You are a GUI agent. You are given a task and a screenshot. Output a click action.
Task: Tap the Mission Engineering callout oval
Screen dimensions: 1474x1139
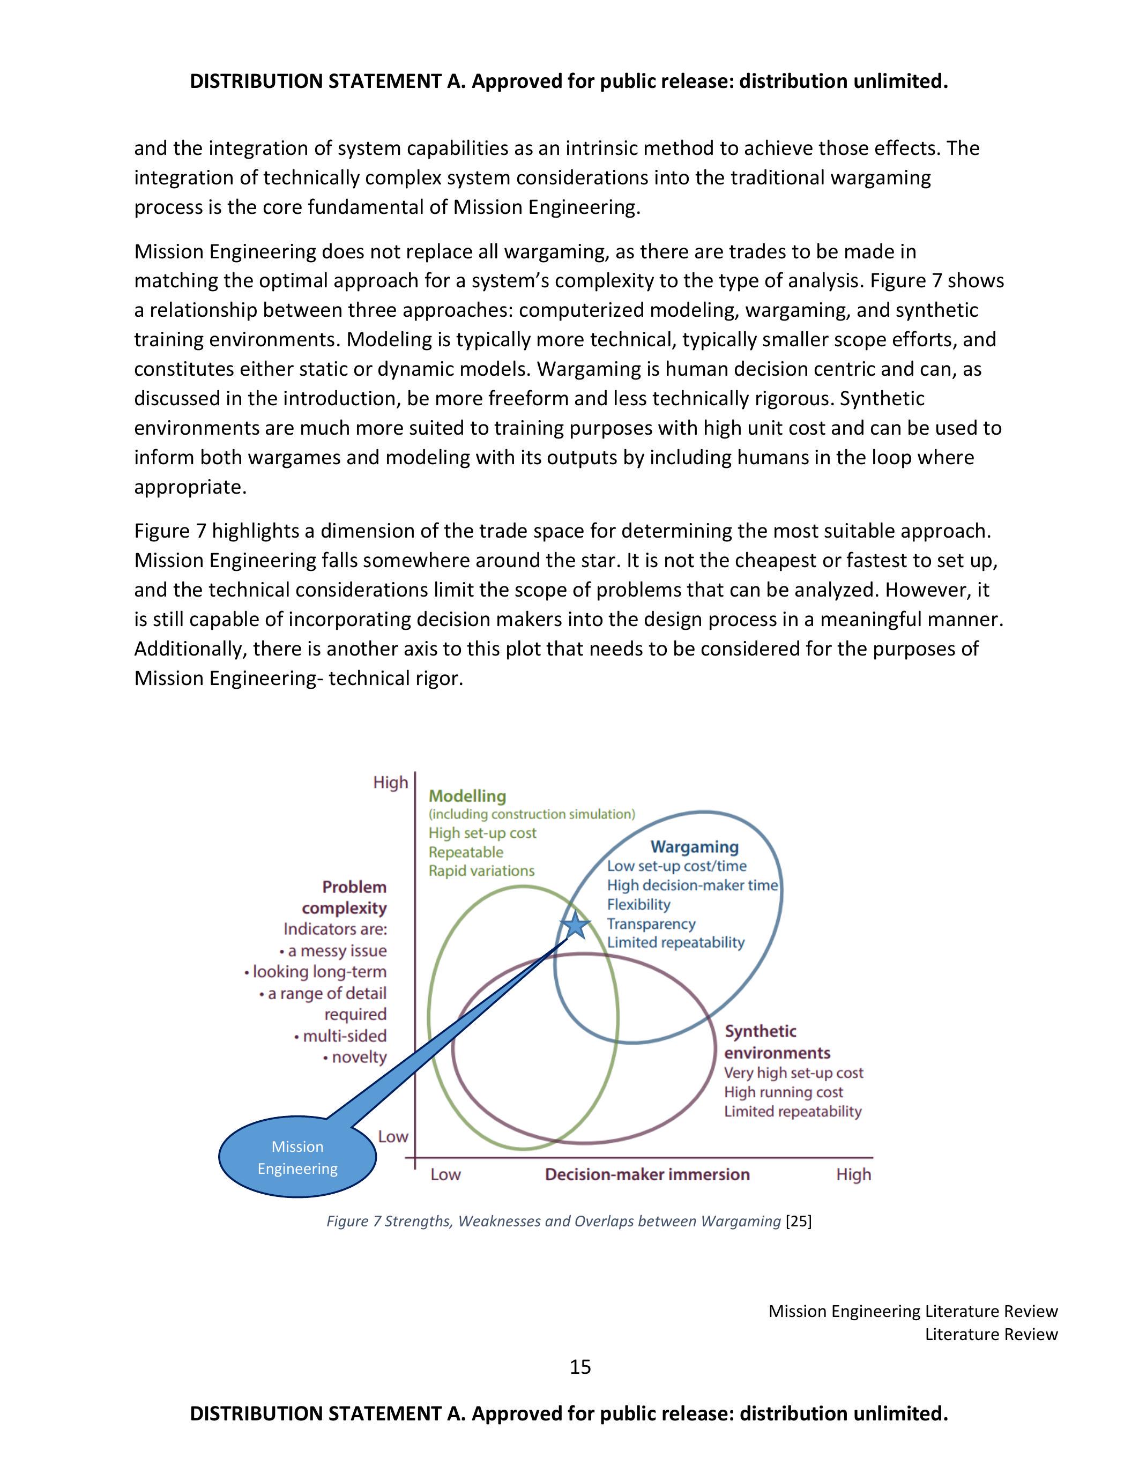[x=297, y=1157]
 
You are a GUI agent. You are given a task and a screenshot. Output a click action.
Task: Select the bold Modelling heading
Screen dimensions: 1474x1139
[x=467, y=796]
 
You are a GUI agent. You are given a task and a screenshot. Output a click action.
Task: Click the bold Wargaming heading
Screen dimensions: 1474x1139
[x=694, y=846]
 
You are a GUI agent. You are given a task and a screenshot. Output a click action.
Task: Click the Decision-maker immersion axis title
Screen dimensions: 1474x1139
[x=647, y=1174]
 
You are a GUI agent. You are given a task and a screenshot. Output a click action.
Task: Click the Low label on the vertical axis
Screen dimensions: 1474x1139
[x=393, y=1136]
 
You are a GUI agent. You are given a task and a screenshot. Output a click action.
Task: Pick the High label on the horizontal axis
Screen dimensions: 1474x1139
[x=853, y=1174]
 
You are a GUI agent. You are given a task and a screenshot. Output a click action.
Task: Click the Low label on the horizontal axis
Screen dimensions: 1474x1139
[x=445, y=1174]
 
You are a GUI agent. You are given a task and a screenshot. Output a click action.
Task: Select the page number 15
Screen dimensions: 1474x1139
[x=580, y=1367]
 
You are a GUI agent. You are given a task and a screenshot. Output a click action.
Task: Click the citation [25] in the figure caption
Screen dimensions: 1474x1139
[x=799, y=1221]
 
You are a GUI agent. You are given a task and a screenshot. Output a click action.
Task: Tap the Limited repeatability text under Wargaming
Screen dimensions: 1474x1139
[x=675, y=942]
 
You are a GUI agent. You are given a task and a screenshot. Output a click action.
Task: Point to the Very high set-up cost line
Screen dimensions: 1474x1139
[x=793, y=1073]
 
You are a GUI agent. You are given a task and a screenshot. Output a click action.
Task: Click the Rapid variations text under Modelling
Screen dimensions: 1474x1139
[x=481, y=870]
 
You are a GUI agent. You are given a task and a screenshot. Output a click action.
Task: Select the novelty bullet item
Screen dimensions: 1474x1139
[x=355, y=1057]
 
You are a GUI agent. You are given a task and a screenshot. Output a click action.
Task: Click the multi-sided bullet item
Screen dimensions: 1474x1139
[x=341, y=1036]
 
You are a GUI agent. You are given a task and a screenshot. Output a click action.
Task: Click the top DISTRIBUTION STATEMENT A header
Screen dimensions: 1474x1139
[x=569, y=81]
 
